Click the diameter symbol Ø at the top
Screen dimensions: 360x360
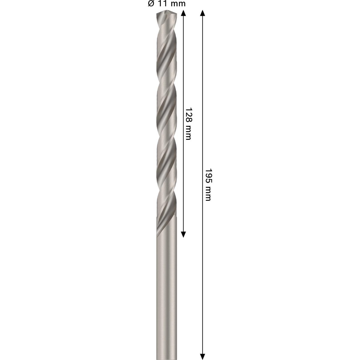coord(151,4)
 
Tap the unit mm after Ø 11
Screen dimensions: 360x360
coord(178,4)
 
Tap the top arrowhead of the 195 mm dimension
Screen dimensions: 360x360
coord(203,13)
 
